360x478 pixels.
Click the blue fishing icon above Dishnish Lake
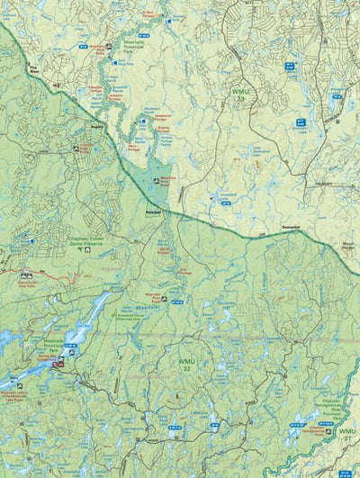[301, 120]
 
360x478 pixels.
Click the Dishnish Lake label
[301, 129]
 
